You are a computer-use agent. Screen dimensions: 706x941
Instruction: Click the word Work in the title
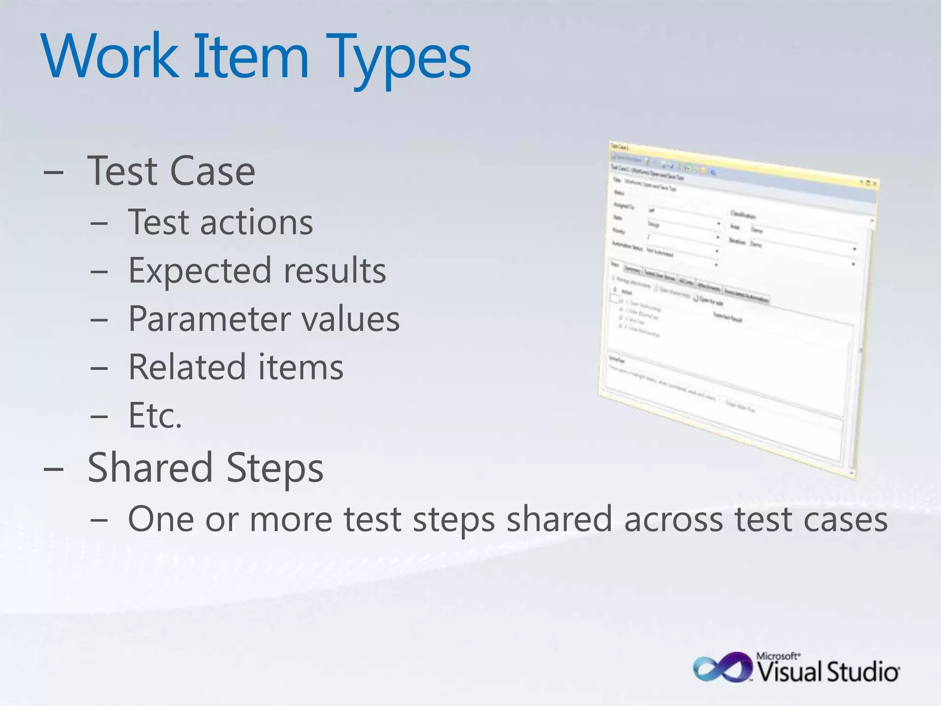pyautogui.click(x=110, y=57)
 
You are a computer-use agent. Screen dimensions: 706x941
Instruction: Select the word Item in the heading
pyautogui.click(x=250, y=57)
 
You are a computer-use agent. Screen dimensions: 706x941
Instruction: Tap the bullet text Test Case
pyautogui.click(x=171, y=171)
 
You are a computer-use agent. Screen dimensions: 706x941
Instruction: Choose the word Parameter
pyautogui.click(x=209, y=319)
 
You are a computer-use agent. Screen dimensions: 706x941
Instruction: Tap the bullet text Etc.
pyautogui.click(x=155, y=416)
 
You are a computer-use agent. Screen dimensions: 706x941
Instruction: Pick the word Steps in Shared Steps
pyautogui.click(x=275, y=468)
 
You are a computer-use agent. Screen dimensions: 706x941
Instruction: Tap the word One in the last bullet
pyautogui.click(x=161, y=520)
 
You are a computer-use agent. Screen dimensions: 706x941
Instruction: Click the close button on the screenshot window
pyautogui.click(x=875, y=183)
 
